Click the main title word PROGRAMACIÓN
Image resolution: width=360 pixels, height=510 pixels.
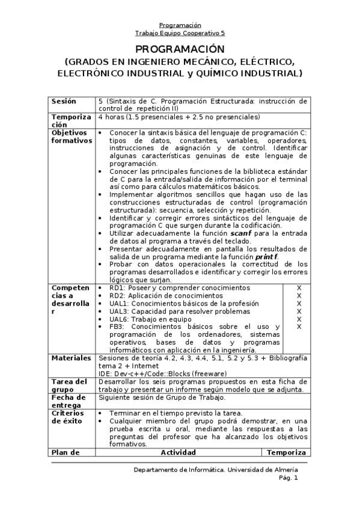point(179,49)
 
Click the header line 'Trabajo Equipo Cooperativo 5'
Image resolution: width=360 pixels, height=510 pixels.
point(180,34)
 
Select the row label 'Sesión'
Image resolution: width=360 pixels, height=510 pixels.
point(64,101)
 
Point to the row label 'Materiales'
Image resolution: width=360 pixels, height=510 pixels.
point(71,358)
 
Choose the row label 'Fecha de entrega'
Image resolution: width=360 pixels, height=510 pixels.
point(67,401)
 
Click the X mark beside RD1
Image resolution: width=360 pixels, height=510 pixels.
point(298,288)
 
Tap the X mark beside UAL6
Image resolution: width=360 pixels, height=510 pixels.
point(298,319)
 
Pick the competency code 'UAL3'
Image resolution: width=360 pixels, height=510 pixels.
point(119,312)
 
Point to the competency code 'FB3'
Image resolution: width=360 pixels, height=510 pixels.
point(117,327)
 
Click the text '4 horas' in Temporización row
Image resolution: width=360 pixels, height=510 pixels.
point(111,117)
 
